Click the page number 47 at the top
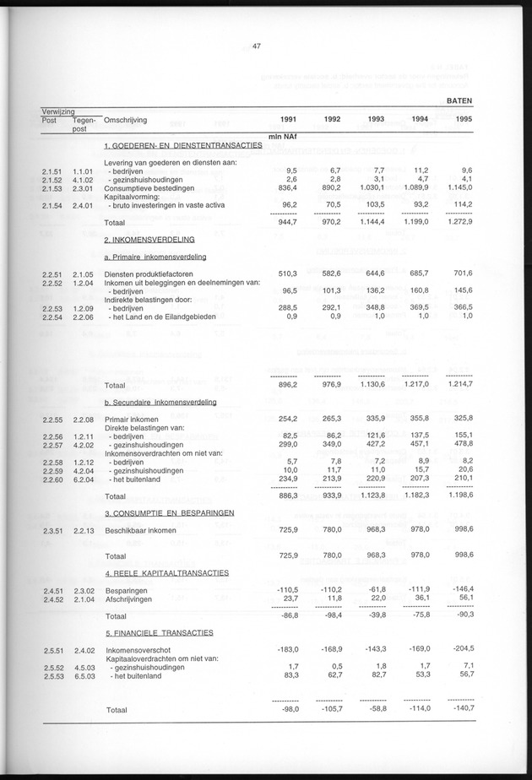256,46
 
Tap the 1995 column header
464,119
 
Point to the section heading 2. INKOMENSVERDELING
149,239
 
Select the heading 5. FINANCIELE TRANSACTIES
158,631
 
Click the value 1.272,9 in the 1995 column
456,221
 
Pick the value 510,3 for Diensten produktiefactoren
284,274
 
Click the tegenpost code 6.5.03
82,675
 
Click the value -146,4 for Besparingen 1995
459,589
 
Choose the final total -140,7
459,710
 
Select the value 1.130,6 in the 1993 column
369,385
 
